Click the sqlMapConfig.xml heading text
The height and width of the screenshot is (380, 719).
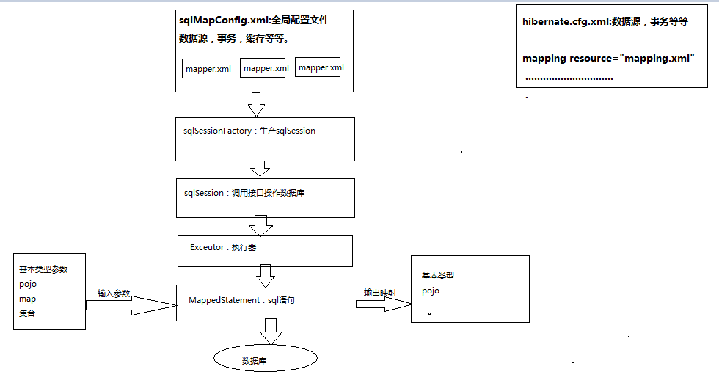pyautogui.click(x=253, y=21)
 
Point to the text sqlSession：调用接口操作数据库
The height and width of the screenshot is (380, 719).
pyautogui.click(x=249, y=193)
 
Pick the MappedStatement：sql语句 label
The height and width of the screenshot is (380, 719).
pyautogui.click(x=241, y=300)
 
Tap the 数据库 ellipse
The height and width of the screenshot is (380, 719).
pyautogui.click(x=265, y=359)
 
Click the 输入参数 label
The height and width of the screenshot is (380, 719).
pyautogui.click(x=114, y=293)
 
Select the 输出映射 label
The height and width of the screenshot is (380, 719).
pyautogui.click(x=380, y=293)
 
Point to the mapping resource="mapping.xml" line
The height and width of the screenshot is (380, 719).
pyautogui.click(x=608, y=58)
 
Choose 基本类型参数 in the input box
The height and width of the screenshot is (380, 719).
pyautogui.click(x=43, y=269)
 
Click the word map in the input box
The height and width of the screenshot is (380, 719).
pyautogui.click(x=27, y=299)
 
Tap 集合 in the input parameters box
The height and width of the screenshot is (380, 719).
pyautogui.click(x=27, y=313)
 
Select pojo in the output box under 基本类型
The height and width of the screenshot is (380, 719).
pyautogui.click(x=431, y=291)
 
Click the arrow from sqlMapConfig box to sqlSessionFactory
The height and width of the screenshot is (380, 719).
pyautogui.click(x=256, y=104)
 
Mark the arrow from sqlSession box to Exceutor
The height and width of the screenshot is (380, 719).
pyautogui.click(x=260, y=225)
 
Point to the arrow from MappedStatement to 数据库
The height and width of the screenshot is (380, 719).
pyautogui.click(x=270, y=332)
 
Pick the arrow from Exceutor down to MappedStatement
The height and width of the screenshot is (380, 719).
pyautogui.click(x=266, y=276)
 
